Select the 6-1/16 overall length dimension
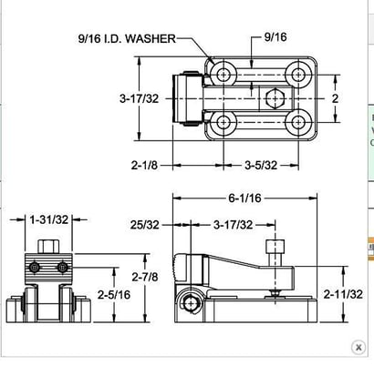point(245,198)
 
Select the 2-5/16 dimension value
point(115,295)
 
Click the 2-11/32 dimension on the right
point(343,294)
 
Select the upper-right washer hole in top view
point(299,74)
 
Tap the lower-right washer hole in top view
point(299,120)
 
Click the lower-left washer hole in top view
point(223,120)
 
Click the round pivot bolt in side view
point(192,303)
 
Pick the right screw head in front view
point(62,267)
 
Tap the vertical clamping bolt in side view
point(275,264)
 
